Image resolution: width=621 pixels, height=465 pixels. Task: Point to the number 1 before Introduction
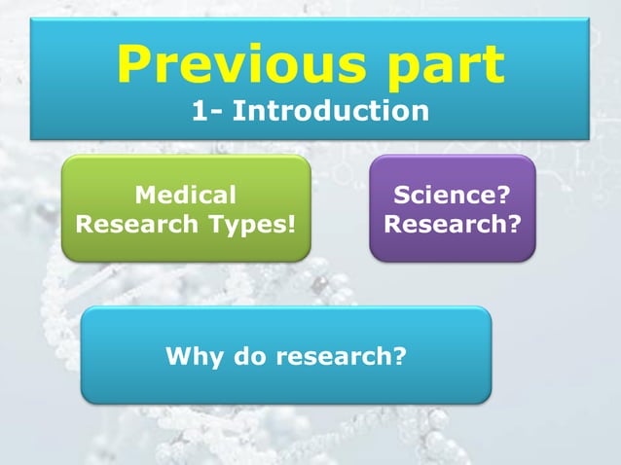(199, 111)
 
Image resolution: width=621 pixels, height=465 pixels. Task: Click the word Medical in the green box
(185, 196)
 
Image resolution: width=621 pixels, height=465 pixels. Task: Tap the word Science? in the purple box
(452, 196)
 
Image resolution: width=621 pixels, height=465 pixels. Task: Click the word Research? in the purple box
(452, 224)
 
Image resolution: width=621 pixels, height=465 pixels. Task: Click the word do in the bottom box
(243, 356)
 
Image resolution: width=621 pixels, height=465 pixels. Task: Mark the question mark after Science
(504, 196)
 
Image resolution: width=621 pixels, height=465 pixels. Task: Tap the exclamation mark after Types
(291, 224)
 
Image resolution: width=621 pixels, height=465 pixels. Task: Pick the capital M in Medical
(145, 196)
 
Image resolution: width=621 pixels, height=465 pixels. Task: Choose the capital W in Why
(177, 356)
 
